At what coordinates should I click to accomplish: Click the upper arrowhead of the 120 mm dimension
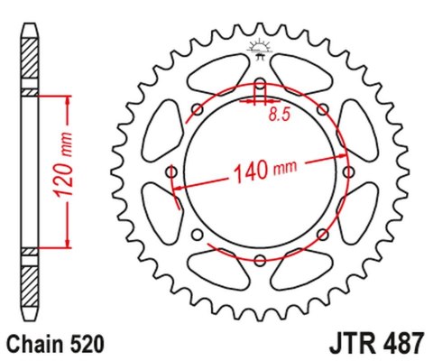65,96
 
